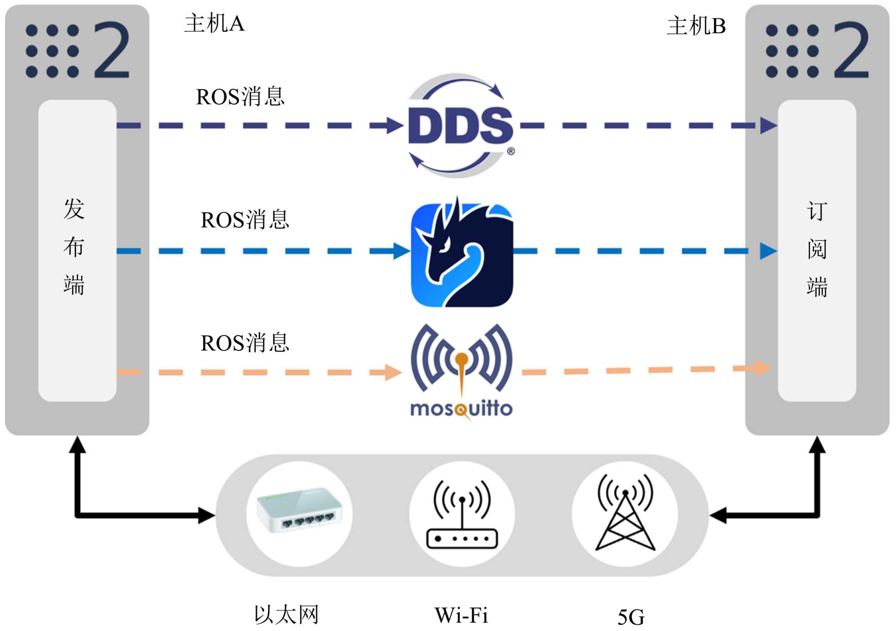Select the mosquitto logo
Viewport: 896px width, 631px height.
point(461,372)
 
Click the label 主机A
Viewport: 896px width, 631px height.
point(215,23)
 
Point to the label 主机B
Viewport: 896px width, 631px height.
point(696,26)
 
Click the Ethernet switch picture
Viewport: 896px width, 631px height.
point(299,510)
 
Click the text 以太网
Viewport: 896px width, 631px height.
point(286,614)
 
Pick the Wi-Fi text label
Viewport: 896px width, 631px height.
point(461,615)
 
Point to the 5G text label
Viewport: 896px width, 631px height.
point(631,617)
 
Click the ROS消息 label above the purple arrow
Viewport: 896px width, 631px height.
point(240,97)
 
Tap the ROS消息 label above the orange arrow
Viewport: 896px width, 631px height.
point(245,343)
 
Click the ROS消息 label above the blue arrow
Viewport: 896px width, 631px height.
point(245,220)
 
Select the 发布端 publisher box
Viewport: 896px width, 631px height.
point(78,250)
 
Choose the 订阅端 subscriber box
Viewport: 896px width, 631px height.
point(817,250)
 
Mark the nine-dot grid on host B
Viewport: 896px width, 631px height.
point(792,51)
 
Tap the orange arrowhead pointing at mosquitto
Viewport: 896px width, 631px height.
point(394,372)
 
